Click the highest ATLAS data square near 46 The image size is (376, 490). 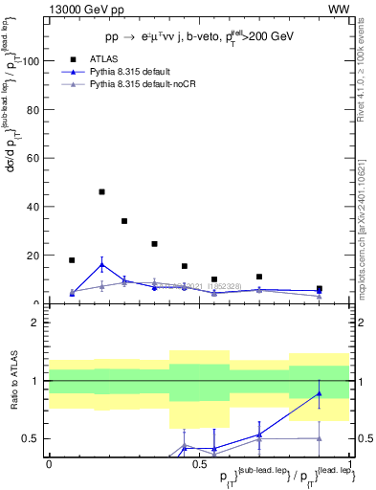(x=102, y=191)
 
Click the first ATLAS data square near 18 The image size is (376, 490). (x=72, y=260)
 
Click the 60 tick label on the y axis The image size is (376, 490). (x=34, y=158)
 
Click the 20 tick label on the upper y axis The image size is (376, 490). (x=34, y=256)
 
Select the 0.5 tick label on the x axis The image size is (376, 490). (x=199, y=465)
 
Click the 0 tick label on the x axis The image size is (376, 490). (x=49, y=465)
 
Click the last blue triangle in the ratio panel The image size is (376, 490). (x=320, y=393)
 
